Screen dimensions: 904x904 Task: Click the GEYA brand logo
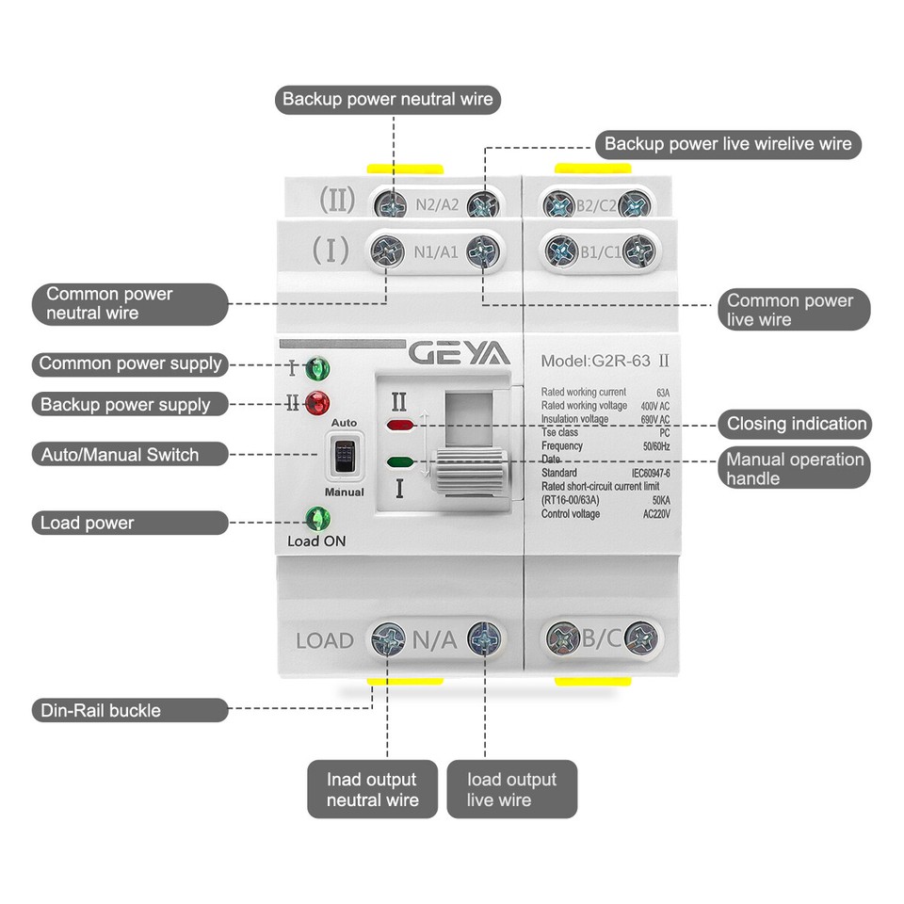[x=459, y=354]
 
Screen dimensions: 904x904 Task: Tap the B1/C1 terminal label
[x=599, y=250]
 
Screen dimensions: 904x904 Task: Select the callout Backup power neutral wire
[x=387, y=99]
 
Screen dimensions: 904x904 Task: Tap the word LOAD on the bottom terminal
[x=325, y=641]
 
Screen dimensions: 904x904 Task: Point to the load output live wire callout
[x=511, y=789]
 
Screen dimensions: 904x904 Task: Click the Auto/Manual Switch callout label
[x=119, y=455]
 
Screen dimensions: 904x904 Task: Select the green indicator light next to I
[x=317, y=367]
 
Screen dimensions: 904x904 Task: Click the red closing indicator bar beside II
[x=400, y=426]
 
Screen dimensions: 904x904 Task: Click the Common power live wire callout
[x=789, y=310]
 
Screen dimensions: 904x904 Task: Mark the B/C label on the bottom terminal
[x=601, y=638]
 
